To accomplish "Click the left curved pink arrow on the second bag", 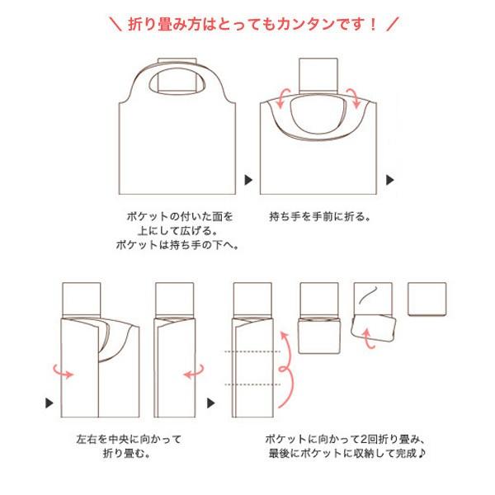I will (280, 99).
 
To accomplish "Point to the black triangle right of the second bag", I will (391, 178).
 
